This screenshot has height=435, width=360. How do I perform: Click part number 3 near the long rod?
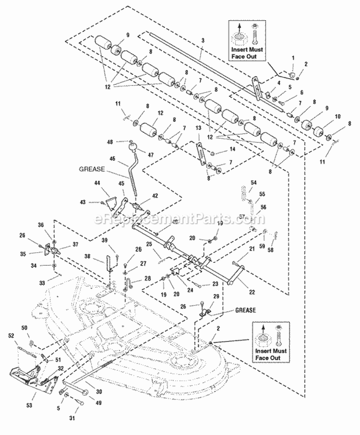[203, 41]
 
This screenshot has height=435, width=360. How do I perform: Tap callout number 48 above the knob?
[123, 142]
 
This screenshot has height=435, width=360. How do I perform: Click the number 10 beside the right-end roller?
[325, 117]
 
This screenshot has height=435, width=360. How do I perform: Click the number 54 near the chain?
[254, 183]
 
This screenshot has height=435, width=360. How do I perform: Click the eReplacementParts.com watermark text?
[180, 220]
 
